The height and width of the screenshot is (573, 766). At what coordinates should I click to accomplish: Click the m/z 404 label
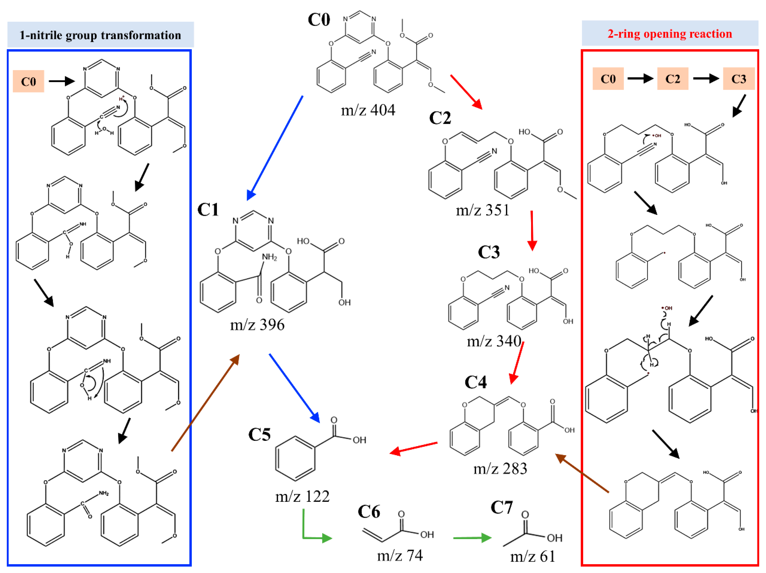tap(368, 110)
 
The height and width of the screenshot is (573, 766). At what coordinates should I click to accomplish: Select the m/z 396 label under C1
tap(257, 325)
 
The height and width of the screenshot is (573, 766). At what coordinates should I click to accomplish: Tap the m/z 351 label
tap(482, 210)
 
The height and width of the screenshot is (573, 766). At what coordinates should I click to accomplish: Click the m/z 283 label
tap(500, 469)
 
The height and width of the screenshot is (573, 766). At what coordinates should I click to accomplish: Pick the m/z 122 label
tap(302, 496)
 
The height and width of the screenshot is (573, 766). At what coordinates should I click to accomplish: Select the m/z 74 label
tap(400, 556)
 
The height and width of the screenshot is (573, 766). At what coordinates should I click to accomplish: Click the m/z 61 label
tap(533, 556)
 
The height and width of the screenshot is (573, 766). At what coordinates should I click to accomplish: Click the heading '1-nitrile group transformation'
tap(101, 35)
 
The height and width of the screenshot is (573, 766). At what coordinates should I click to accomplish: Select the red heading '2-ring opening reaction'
tap(670, 34)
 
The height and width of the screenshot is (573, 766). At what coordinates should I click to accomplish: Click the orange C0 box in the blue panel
tap(28, 82)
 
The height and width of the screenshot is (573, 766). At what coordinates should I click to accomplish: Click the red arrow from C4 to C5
tap(414, 448)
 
